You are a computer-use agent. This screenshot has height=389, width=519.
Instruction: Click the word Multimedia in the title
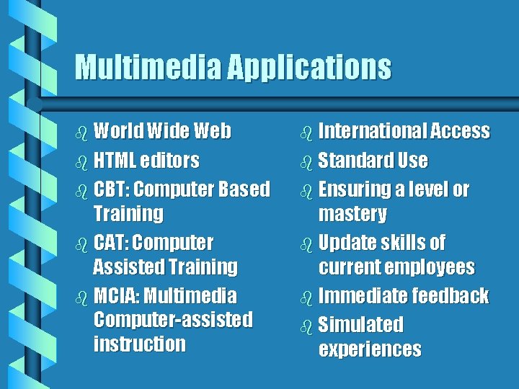pyautogui.click(x=148, y=68)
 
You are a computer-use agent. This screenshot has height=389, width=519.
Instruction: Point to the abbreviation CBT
pyautogui.click(x=110, y=189)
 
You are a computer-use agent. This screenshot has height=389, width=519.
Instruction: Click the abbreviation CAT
pyautogui.click(x=110, y=242)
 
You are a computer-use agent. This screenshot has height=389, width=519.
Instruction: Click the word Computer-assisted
pyautogui.click(x=172, y=320)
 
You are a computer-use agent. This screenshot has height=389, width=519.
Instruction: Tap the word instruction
pyautogui.click(x=139, y=344)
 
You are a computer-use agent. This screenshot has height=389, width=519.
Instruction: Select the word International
pyautogui.click(x=372, y=132)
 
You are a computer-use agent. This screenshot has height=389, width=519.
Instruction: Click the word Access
pyautogui.click(x=460, y=132)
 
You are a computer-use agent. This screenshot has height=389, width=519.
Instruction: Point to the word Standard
pyautogui.click(x=352, y=160)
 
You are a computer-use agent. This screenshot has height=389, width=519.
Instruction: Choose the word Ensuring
pyautogui.click(x=354, y=190)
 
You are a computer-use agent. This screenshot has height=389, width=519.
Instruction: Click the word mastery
pyautogui.click(x=352, y=214)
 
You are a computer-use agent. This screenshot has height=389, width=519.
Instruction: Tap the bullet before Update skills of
pyautogui.click(x=306, y=243)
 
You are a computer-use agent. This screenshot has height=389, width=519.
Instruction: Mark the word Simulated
pyautogui.click(x=360, y=325)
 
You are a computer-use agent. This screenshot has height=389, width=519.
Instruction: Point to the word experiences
pyautogui.click(x=370, y=349)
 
